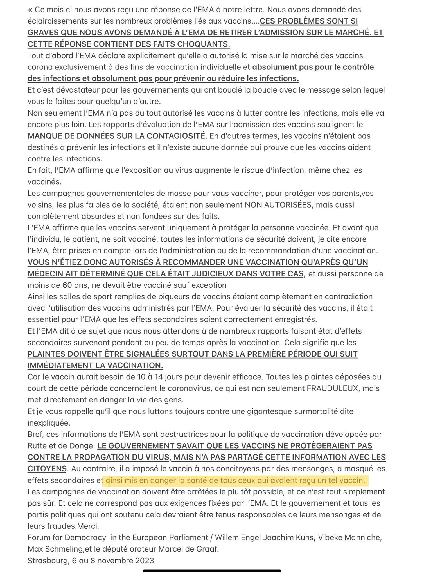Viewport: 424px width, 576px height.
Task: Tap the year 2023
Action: click(x=144, y=561)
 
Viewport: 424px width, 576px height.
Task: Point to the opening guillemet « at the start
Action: click(x=30, y=10)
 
